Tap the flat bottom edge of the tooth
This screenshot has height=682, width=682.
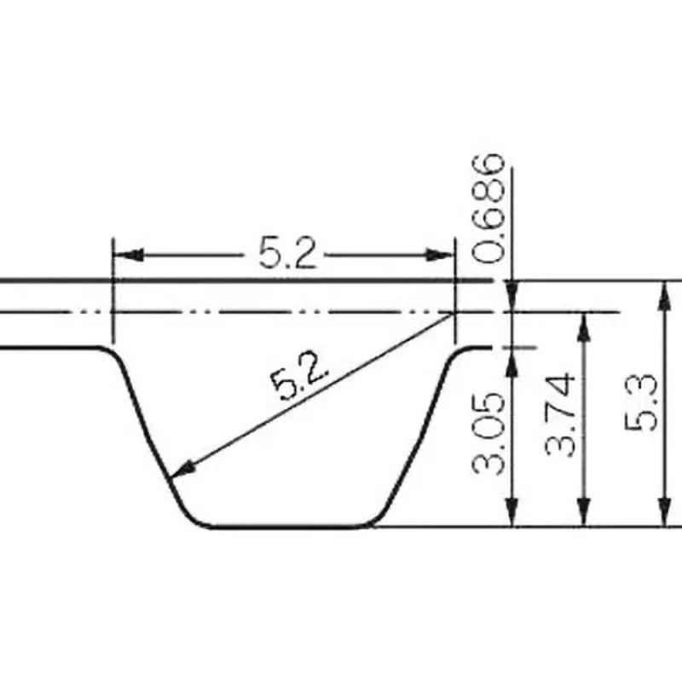click(x=290, y=526)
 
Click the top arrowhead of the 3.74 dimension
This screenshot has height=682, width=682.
click(x=584, y=325)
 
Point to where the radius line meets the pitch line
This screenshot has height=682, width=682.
click(x=454, y=312)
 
